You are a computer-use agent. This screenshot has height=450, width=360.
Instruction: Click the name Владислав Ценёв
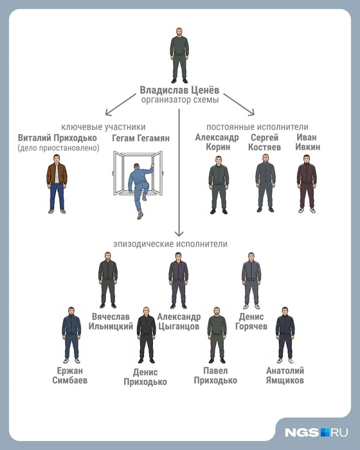179,90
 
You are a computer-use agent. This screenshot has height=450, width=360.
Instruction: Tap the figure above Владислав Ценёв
179,55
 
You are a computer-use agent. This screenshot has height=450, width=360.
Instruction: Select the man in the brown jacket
57,184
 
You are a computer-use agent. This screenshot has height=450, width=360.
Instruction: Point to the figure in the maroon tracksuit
307,184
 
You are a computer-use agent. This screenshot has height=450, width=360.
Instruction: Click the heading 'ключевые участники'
104,127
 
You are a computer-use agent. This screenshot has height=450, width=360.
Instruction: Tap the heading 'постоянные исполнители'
257,127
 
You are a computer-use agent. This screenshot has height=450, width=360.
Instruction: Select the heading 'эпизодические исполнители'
170,244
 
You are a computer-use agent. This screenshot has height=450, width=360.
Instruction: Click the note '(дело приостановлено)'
59,148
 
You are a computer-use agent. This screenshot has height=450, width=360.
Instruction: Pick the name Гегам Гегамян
141,138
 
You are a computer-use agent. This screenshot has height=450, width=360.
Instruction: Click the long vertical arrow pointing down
179,172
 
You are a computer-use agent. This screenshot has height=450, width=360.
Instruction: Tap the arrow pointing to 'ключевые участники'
121,104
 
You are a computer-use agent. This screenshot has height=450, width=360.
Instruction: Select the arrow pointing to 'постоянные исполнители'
239,104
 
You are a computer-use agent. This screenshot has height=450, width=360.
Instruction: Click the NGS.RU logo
316,432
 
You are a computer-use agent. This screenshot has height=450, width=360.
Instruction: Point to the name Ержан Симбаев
70,375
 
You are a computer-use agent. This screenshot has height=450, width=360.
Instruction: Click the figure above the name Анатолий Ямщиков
285,335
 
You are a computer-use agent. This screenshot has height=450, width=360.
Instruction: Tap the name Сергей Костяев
264,142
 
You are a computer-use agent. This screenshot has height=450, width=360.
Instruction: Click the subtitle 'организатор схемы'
180,100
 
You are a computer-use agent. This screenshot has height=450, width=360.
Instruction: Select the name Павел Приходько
215,375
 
